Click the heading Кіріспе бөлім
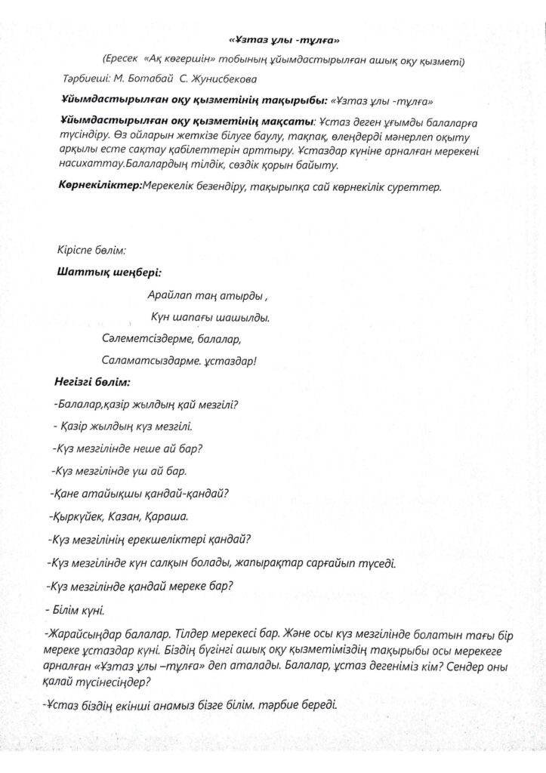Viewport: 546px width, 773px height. (x=91, y=249)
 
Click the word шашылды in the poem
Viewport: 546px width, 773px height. (x=244, y=318)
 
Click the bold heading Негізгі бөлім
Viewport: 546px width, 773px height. (x=93, y=383)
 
